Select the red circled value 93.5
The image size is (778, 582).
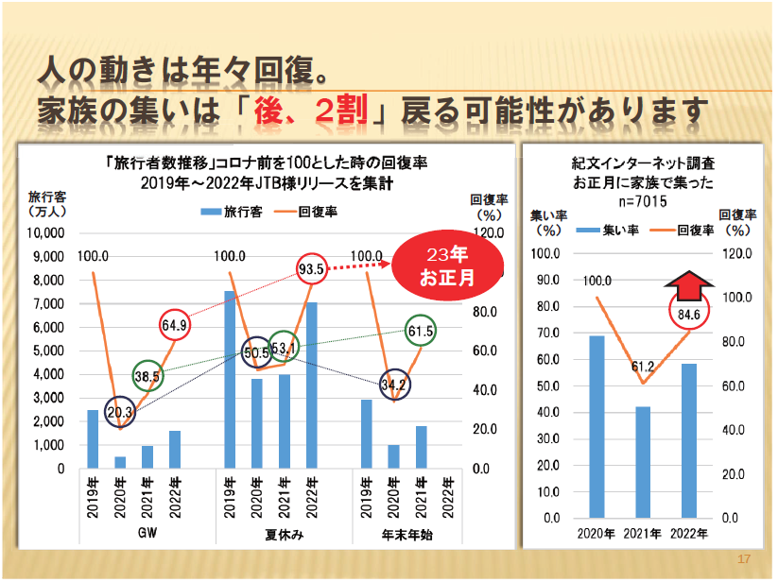311,268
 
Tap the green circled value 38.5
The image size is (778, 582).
147,375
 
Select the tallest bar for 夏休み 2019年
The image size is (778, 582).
230,379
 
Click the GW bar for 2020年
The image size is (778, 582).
120,462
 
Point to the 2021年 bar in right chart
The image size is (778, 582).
643,462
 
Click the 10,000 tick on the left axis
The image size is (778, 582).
46,232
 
